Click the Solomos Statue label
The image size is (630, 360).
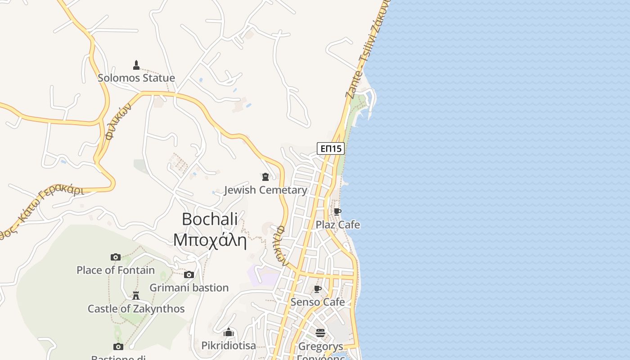tap(136, 78)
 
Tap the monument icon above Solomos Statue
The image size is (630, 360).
tap(136, 65)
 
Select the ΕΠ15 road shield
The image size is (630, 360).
tap(331, 148)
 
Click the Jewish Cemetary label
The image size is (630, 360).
tap(265, 190)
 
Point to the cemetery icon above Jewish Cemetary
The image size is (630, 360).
tap(265, 177)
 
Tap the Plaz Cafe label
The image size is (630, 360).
tap(338, 225)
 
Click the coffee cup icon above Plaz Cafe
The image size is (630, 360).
tap(337, 211)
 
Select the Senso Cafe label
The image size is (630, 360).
tap(318, 302)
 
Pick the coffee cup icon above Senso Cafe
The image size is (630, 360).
tap(318, 289)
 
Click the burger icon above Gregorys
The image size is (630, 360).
tap(320, 333)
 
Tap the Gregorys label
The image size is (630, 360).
tap(320, 346)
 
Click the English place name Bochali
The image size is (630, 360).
tap(210, 219)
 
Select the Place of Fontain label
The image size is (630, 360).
tap(116, 270)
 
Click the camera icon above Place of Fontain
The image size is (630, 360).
tap(116, 257)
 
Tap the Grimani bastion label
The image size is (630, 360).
tap(189, 288)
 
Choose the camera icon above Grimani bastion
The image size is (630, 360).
tap(189, 274)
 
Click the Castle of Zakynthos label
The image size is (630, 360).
tap(136, 309)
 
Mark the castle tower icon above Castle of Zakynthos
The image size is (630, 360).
tap(136, 296)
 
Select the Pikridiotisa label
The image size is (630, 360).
tap(229, 346)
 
